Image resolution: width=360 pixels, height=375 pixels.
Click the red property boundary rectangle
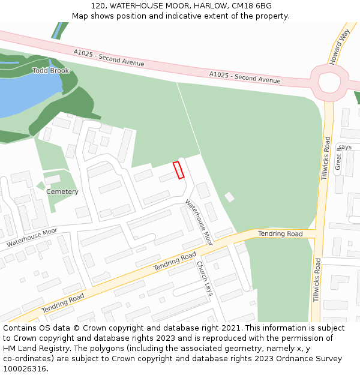(x=178, y=170)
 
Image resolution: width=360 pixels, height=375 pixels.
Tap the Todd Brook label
(x=50, y=71)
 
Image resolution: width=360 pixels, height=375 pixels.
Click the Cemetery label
(x=62, y=192)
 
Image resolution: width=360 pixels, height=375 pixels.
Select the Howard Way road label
(x=338, y=49)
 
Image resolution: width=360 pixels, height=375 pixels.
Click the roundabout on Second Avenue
(x=329, y=82)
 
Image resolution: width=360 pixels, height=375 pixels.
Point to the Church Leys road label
(x=205, y=280)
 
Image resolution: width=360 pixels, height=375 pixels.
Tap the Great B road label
(x=338, y=157)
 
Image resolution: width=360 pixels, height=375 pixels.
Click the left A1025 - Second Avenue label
(x=109, y=58)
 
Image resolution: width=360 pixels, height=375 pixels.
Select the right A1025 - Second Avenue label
(x=245, y=77)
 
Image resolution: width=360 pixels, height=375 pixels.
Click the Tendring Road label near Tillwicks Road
(x=280, y=233)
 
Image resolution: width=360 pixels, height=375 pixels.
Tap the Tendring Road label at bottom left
(x=63, y=303)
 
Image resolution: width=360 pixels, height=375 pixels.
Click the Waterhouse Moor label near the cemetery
(x=32, y=238)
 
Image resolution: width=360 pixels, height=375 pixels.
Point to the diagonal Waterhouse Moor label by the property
(x=199, y=222)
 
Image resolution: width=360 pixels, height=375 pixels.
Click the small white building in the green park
(x=229, y=197)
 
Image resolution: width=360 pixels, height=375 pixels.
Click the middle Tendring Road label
(x=175, y=262)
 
